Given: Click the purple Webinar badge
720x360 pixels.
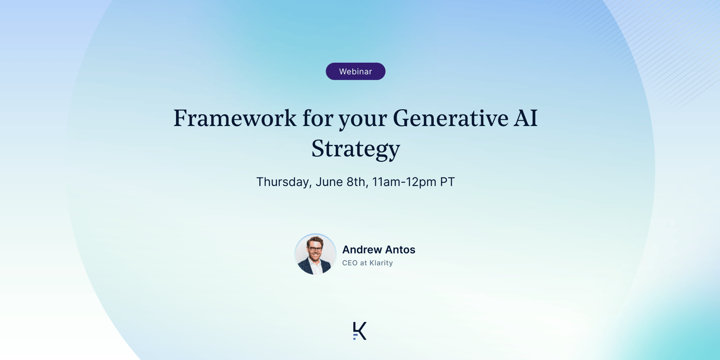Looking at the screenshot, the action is [355, 71].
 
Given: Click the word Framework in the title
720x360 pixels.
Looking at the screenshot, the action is [235, 118].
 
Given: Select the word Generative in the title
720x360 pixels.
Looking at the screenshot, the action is [451, 118].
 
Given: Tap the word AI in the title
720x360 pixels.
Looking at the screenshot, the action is [526, 118].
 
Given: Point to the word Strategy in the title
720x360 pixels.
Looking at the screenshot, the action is [355, 149].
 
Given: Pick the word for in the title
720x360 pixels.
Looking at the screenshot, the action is [318, 118].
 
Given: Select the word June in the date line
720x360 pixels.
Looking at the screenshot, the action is [329, 182].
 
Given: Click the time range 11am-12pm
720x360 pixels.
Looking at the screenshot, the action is [404, 182].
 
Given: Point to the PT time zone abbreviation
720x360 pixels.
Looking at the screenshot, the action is [447, 182].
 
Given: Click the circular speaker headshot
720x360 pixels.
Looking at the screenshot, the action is [315, 254].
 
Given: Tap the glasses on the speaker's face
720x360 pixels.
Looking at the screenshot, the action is [315, 249].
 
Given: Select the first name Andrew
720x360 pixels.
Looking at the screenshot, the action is [362, 249].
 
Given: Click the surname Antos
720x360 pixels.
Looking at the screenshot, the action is [400, 249].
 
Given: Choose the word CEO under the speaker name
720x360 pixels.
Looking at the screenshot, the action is [350, 263].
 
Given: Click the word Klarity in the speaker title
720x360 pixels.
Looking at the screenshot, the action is [381, 263].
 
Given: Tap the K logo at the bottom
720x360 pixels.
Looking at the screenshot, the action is [359, 331].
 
